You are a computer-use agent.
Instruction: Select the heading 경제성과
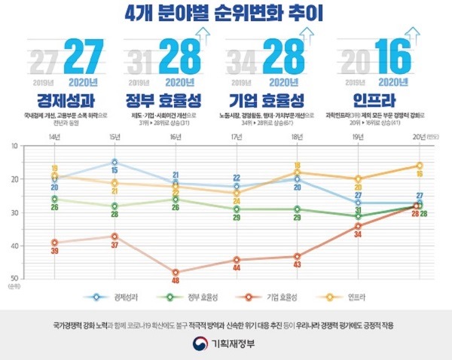pos(59,100)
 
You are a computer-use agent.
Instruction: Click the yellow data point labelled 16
pos(420,166)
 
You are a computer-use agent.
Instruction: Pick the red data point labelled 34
pos(358,226)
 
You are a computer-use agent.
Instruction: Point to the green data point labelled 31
pos(358,216)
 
